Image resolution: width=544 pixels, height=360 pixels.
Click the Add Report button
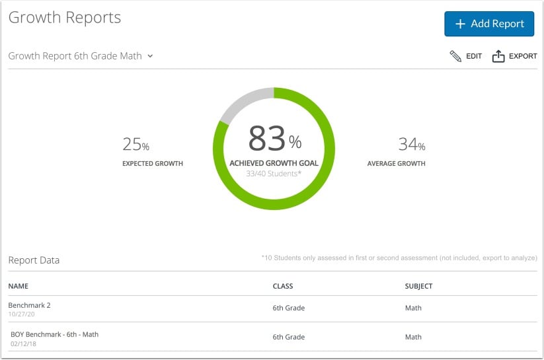tap(488, 24)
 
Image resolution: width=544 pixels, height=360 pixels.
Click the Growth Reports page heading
tap(65, 18)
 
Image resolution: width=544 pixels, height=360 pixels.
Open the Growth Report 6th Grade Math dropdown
tap(81, 56)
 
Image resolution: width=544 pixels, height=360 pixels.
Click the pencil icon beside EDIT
tap(455, 56)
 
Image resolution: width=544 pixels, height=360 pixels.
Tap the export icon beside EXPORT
tap(498, 56)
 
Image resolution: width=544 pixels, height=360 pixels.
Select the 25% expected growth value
tap(136, 144)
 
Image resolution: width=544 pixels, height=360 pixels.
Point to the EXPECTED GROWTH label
tap(153, 163)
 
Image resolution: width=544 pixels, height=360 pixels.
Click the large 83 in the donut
tap(267, 139)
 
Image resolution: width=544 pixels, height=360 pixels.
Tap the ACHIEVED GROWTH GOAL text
tap(274, 163)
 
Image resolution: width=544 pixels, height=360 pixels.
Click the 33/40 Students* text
tap(274, 174)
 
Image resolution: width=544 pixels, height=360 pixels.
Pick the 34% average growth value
tap(411, 144)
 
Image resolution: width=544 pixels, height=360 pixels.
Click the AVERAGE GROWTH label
tap(396, 163)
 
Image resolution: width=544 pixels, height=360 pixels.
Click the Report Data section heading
tap(34, 260)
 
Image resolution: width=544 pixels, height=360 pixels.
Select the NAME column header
tap(19, 286)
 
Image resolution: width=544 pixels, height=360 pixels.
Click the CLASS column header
tap(283, 286)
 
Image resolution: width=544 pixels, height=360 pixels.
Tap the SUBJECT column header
tap(418, 286)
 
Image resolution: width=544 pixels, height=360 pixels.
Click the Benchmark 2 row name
tap(30, 305)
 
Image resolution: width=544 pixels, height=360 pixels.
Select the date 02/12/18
tap(24, 344)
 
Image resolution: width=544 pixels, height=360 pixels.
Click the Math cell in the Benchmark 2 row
tap(413, 308)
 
